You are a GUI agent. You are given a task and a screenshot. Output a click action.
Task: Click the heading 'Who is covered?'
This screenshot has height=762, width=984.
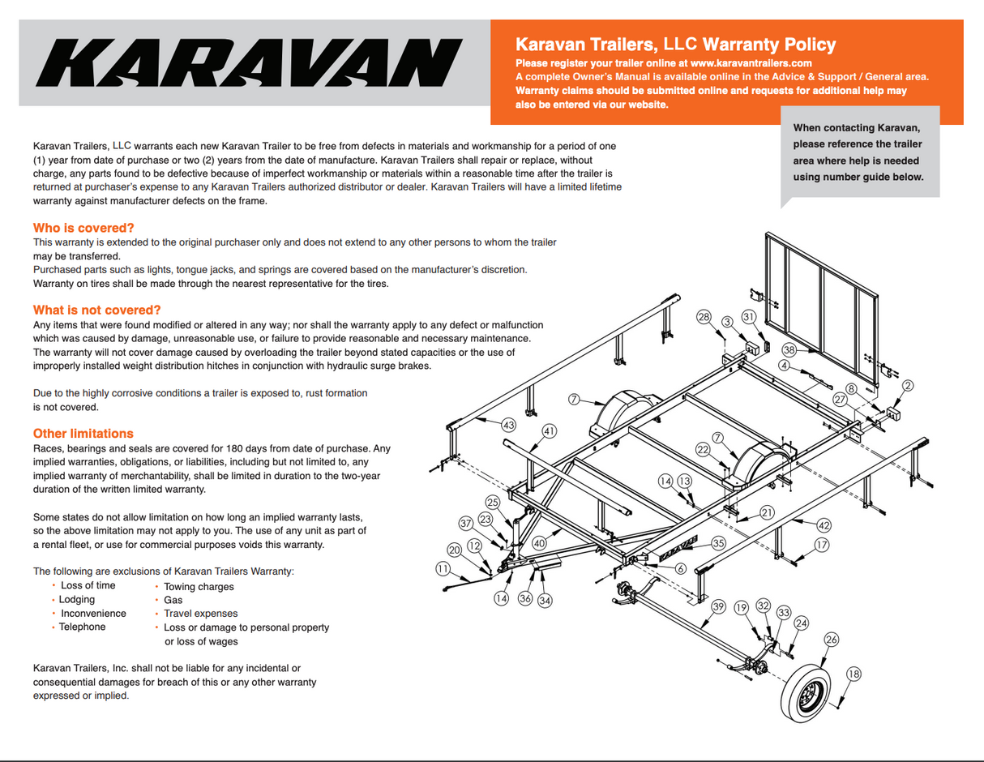pos(83,228)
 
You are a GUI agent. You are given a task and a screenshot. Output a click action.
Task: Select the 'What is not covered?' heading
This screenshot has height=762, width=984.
pos(97,310)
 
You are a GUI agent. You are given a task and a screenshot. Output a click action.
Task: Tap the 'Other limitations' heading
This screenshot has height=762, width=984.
pos(83,433)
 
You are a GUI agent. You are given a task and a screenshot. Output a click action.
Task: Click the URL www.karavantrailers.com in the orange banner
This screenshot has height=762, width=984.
pos(751,62)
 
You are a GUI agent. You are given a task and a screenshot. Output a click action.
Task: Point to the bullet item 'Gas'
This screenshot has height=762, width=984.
pos(173,600)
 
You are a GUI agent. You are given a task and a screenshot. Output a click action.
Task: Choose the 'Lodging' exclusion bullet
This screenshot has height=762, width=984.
pos(76,599)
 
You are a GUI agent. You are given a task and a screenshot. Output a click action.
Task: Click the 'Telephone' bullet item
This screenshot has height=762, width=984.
pos(82,627)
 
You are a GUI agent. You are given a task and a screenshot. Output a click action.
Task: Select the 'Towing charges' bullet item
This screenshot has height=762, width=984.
pos(199,586)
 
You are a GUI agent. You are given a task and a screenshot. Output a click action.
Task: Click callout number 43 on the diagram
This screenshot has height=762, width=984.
pos(508,425)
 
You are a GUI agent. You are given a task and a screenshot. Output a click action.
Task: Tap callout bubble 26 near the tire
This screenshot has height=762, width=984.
pos(832,640)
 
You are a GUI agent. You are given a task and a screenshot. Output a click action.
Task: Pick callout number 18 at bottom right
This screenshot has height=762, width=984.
pos(854,674)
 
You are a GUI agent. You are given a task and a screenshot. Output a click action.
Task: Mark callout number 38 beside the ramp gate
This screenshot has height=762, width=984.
pos(789,350)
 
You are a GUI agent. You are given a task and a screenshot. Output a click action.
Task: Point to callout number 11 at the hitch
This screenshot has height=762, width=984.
pos(443,569)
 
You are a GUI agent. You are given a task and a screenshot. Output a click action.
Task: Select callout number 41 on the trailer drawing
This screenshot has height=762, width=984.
pos(549,431)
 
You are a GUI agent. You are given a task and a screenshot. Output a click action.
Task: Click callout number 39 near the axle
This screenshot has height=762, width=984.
pos(718,606)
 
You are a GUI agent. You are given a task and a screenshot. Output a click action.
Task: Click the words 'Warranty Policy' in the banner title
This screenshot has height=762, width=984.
pos(769,45)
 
